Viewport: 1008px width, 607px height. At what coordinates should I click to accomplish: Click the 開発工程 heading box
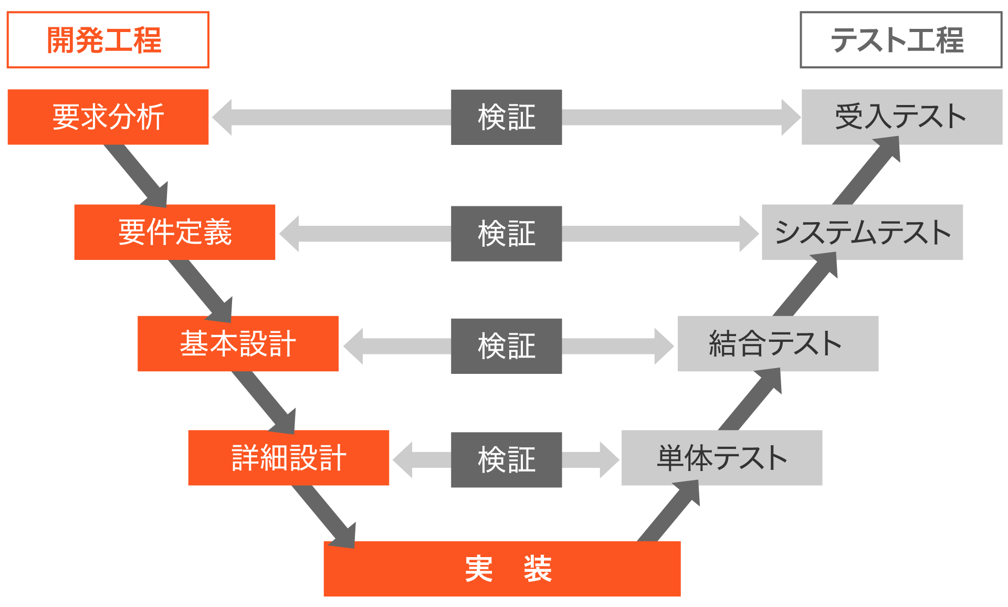click(x=108, y=40)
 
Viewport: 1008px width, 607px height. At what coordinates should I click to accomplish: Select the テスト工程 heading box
click(x=900, y=40)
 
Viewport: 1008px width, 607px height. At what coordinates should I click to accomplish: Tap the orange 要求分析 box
click(x=108, y=117)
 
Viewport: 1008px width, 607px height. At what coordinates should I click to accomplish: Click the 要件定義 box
click(x=174, y=232)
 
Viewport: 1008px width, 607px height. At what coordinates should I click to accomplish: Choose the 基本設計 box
click(x=238, y=343)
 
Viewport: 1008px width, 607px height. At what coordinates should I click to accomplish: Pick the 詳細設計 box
click(x=288, y=457)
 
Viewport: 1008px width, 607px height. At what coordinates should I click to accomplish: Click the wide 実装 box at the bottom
click(x=501, y=568)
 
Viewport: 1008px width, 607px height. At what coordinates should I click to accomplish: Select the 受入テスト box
click(x=901, y=117)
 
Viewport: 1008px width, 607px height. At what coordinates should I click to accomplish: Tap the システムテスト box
click(x=862, y=232)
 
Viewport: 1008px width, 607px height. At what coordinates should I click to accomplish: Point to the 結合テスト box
click(x=778, y=343)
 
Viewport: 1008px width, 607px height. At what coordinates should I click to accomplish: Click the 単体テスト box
click(x=721, y=457)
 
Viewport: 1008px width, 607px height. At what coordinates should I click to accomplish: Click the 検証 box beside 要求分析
click(x=506, y=117)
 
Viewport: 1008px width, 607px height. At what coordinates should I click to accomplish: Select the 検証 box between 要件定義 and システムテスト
click(x=506, y=233)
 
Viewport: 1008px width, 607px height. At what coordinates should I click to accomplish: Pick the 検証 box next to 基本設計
click(x=506, y=346)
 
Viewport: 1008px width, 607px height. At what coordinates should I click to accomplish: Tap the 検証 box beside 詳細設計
click(x=506, y=459)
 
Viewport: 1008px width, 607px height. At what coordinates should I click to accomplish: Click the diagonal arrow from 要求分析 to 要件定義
click(x=138, y=176)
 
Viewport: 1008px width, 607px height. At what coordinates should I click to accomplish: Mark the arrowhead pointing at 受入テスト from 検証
click(x=790, y=117)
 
